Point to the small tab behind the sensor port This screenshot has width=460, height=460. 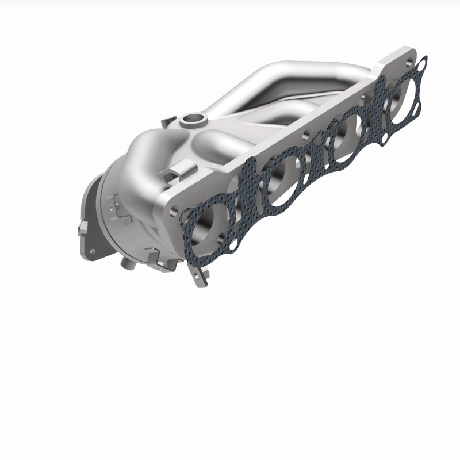(167, 121)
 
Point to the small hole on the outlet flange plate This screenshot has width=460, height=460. (90, 251)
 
